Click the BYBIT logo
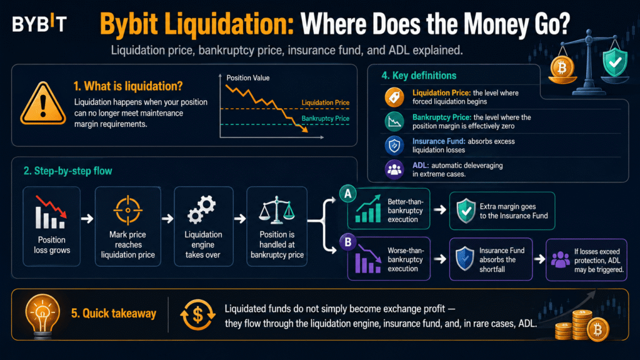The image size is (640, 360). [x=39, y=24]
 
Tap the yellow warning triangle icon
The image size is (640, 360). [x=43, y=104]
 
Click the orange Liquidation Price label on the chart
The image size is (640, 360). [x=325, y=102]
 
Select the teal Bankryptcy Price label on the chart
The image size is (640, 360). [x=325, y=118]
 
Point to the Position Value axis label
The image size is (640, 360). [x=247, y=78]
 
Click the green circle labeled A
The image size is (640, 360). [x=347, y=194]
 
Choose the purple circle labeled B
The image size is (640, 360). [x=347, y=242]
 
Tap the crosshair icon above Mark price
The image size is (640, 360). [x=127, y=210]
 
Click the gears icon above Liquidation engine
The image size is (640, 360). [x=202, y=209]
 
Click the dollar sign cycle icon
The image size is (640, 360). [x=197, y=315]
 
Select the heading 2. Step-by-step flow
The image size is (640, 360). [x=67, y=171]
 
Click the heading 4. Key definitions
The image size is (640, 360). [x=419, y=76]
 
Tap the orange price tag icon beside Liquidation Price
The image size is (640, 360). [x=394, y=97]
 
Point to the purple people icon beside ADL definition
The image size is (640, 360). [x=394, y=169]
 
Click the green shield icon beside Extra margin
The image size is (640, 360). [x=466, y=211]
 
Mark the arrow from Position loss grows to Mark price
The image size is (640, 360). [x=87, y=219]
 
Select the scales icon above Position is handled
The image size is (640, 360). [x=277, y=210]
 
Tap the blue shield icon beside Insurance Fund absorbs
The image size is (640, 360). [x=464, y=259]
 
